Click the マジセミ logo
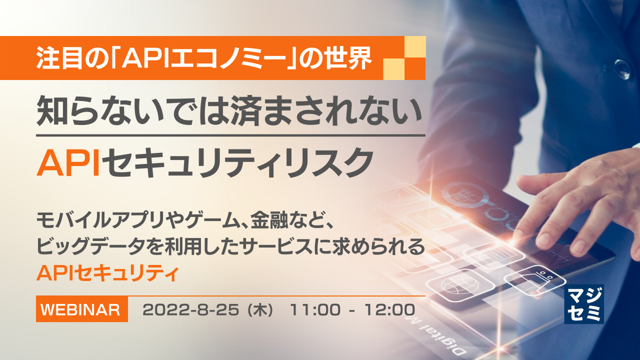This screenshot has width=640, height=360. point(583,303)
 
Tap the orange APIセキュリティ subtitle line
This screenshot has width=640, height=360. point(107,273)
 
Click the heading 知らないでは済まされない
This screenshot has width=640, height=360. point(229,114)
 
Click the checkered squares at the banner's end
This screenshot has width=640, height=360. point(404,58)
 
